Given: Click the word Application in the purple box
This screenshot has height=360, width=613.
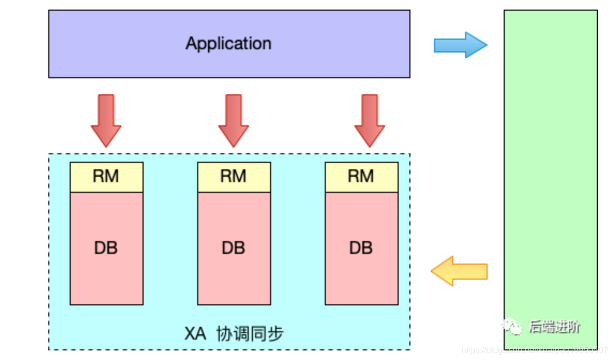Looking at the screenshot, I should point(229,43).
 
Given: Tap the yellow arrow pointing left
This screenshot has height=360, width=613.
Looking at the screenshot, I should point(459,271).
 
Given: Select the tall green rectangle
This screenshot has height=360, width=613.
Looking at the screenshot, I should point(550,161).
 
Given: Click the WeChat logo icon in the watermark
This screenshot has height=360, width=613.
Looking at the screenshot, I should point(512,326).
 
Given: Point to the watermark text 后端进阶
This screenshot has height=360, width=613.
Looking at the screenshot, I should point(555,326).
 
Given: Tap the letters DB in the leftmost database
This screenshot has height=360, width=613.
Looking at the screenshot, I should point(106,248).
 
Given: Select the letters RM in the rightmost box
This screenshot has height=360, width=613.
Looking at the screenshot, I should point(361,176).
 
